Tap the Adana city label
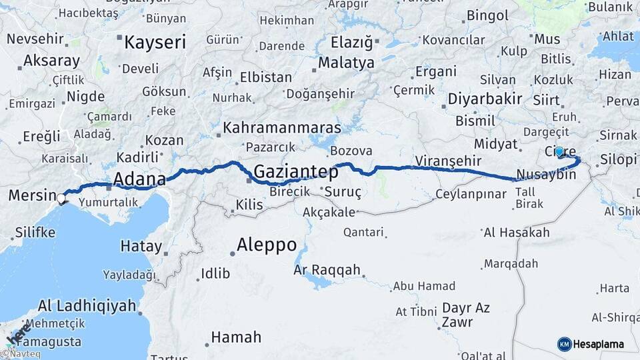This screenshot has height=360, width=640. click(139, 179)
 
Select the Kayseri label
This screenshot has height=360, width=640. click(155, 43)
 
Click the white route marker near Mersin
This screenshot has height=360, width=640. click(62, 198)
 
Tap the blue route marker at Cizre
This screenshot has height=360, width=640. click(559, 152)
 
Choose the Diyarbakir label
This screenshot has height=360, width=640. click(485, 99)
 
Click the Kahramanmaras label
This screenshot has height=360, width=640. click(282, 127)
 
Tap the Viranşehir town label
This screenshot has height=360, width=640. click(447, 161)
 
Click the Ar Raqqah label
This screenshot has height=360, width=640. click(327, 270)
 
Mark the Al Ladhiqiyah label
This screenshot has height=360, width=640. click(87, 307)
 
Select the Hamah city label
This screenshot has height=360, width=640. click(236, 337)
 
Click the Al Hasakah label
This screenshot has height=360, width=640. click(517, 233)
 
